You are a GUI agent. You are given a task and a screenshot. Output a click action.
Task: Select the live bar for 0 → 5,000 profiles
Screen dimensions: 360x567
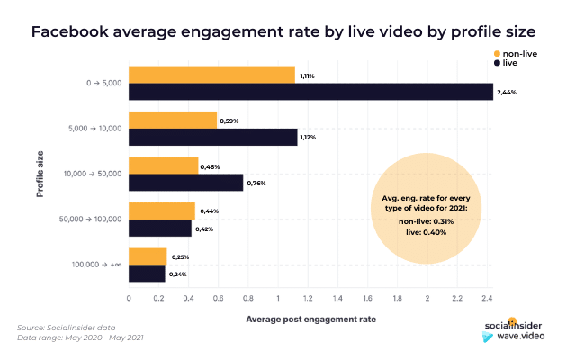pos(311,91)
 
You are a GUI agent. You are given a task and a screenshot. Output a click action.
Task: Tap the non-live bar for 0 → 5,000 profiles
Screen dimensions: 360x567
pos(211,74)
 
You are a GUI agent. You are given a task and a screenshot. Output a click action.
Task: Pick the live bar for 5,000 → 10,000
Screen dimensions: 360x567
pos(213,137)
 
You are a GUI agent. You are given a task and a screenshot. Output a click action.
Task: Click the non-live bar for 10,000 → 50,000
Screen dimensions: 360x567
pos(164,166)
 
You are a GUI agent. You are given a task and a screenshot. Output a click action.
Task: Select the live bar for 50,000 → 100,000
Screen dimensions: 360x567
pos(160,229)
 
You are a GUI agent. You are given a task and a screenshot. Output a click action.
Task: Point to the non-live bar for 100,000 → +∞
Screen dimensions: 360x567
pos(148,256)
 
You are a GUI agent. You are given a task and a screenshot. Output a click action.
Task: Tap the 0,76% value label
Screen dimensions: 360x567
pos(256,184)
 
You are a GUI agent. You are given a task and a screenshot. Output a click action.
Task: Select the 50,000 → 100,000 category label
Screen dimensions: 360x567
pos(86,220)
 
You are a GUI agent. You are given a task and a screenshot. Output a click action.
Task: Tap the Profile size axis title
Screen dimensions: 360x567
pos(40,174)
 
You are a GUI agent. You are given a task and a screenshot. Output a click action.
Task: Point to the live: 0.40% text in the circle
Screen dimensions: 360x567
pos(427,232)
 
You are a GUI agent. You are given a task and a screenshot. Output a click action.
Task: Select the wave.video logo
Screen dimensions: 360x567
pos(517,336)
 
